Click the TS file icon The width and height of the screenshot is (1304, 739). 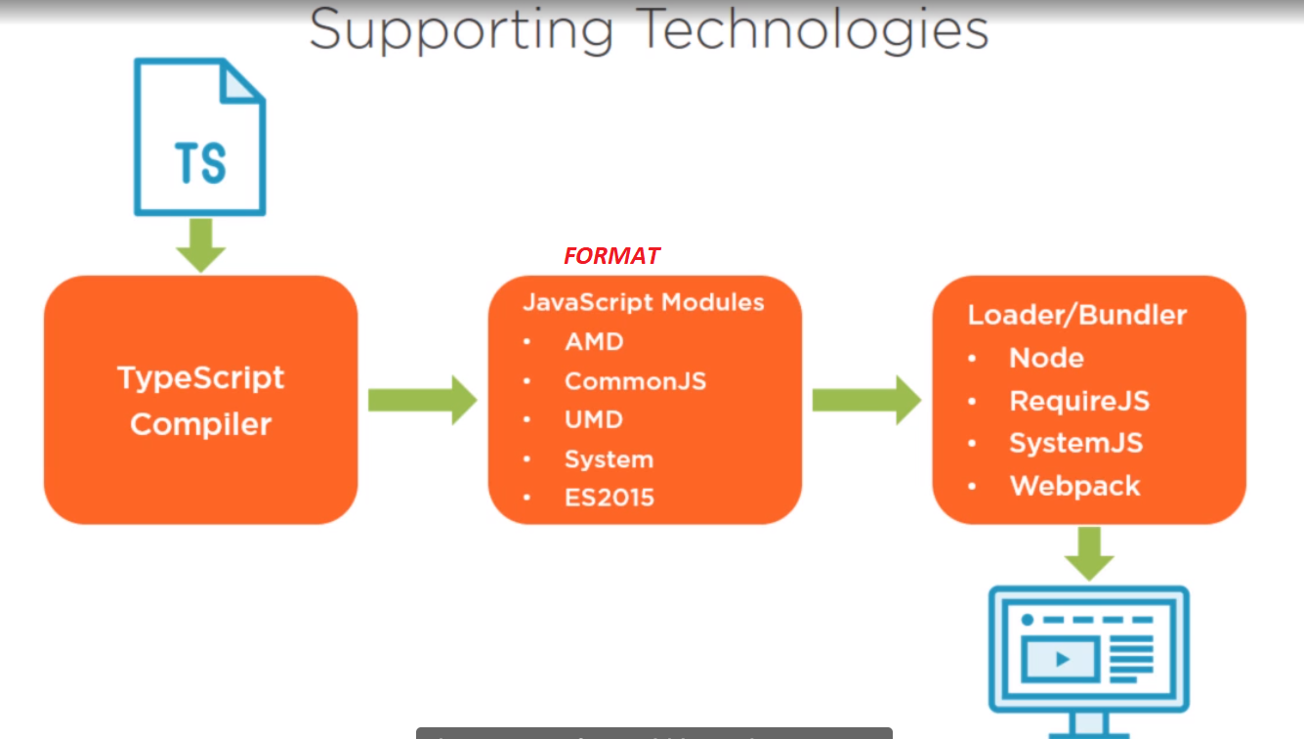pyautogui.click(x=200, y=137)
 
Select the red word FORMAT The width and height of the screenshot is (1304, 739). pyautogui.click(x=611, y=256)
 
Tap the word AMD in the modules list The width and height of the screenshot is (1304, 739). pyautogui.click(x=594, y=342)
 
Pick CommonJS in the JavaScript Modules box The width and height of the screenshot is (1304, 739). pyautogui.click(x=635, y=381)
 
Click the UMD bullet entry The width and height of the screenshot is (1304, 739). pyautogui.click(x=593, y=419)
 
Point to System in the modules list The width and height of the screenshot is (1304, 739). pyautogui.click(x=609, y=459)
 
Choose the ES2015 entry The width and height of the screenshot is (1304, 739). pyautogui.click(x=609, y=498)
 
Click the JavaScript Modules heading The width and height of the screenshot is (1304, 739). pyautogui.click(x=644, y=302)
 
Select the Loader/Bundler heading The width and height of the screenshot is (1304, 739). pyautogui.click(x=1076, y=315)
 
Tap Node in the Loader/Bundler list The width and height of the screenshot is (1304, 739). pyautogui.click(x=1046, y=358)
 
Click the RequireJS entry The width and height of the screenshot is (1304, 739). pyautogui.click(x=1078, y=401)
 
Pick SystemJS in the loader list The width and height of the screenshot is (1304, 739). pyautogui.click(x=1075, y=443)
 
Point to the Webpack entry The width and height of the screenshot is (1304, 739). pyautogui.click(x=1074, y=486)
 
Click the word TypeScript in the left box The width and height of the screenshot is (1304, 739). pyautogui.click(x=201, y=377)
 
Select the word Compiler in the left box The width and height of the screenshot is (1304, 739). pyautogui.click(x=201, y=424)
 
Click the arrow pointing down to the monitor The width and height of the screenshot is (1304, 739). pyautogui.click(x=1089, y=553)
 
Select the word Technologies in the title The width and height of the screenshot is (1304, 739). pyautogui.click(x=814, y=31)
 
